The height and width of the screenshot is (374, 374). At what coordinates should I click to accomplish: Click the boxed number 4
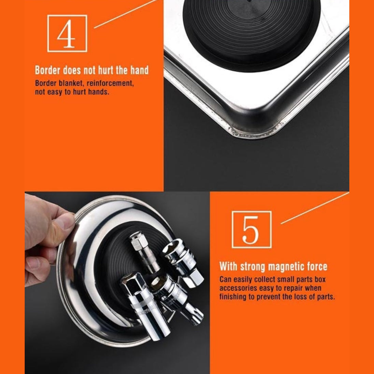tap(67, 33)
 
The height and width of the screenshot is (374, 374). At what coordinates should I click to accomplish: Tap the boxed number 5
tap(251, 229)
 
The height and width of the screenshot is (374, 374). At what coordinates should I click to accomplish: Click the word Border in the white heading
tap(47, 70)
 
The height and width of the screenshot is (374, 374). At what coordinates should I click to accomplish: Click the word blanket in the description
tap(71, 83)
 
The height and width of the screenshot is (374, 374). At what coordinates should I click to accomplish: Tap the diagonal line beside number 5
tap(315, 208)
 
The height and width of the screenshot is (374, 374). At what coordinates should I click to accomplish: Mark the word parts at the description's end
tap(326, 297)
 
